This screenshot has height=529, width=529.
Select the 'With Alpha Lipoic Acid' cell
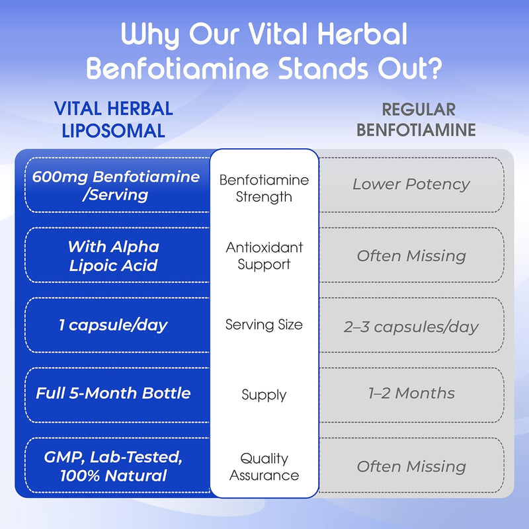click(x=114, y=255)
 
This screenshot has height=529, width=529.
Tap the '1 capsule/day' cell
click(x=113, y=325)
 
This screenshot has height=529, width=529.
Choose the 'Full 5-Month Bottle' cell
click(x=113, y=393)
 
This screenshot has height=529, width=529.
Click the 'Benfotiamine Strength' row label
click(x=264, y=188)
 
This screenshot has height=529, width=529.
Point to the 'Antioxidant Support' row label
click(x=264, y=256)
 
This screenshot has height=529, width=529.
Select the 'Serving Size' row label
click(x=264, y=325)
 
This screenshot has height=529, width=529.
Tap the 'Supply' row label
click(x=264, y=395)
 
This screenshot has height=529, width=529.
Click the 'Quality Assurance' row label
click(x=264, y=466)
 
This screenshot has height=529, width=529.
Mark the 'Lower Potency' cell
click(x=411, y=184)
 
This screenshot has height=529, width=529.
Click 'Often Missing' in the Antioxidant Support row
click(x=411, y=256)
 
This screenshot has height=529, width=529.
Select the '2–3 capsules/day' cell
click(x=411, y=327)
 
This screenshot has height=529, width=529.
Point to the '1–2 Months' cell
click(x=411, y=393)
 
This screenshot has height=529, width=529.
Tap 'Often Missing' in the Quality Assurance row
click(x=411, y=466)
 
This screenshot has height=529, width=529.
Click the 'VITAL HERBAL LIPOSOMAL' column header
click(x=113, y=119)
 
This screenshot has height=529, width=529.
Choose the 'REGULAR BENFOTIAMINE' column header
click(x=416, y=119)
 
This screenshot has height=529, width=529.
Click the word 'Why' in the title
click(x=152, y=34)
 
